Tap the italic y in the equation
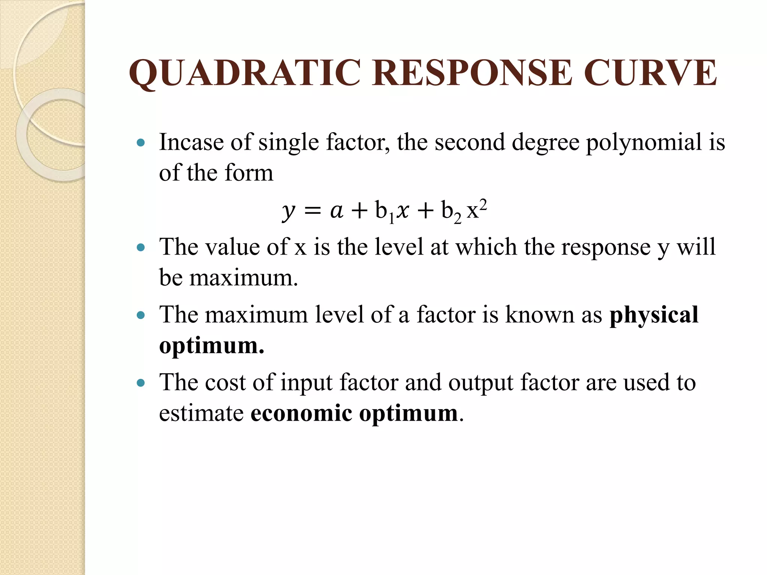coord(288,212)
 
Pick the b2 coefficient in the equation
coord(451,212)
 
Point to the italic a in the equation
coord(336,211)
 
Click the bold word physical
coord(654,315)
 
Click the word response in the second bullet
coord(606,248)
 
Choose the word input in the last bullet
coord(306,383)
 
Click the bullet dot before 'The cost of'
coord(141,383)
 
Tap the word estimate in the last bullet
coord(201,413)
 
